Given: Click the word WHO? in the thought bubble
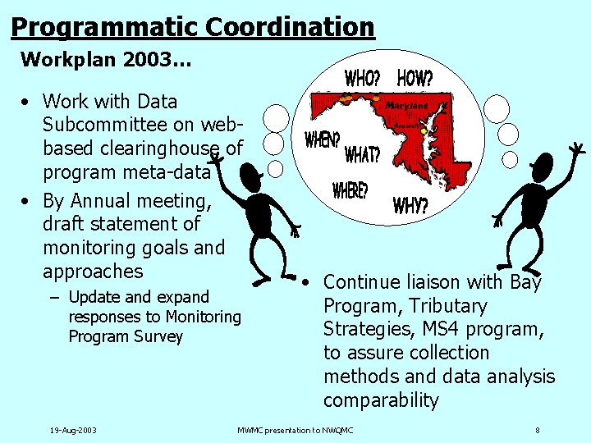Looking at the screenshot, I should (x=362, y=79).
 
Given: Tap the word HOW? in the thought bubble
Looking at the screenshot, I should (x=415, y=78).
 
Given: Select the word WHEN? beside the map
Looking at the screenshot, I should (x=322, y=139).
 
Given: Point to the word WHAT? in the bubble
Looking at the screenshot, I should (x=362, y=153).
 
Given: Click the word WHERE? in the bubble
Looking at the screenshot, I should (x=350, y=190).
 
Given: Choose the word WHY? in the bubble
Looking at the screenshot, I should (x=410, y=205).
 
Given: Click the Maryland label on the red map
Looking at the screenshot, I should (x=407, y=106).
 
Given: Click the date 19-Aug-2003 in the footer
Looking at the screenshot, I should (x=73, y=430).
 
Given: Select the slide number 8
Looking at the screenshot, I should (x=537, y=430).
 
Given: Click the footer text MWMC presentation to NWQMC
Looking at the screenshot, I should (x=295, y=430).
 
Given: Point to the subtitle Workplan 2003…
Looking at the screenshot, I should (x=106, y=60).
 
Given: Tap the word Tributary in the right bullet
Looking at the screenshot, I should (x=448, y=306).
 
